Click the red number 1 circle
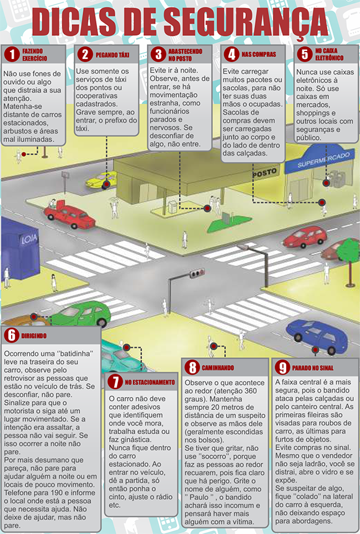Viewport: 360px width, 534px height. point(12,55)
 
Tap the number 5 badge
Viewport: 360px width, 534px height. point(304,54)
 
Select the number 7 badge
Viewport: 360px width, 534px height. point(115,382)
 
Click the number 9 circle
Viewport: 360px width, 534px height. point(282,368)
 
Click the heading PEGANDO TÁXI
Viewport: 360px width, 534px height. point(112,55)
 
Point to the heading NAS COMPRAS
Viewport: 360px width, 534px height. point(259,54)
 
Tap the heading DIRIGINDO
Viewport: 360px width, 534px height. point(34,336)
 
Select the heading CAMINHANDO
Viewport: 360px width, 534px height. point(217,368)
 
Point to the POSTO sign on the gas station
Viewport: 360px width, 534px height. point(264,173)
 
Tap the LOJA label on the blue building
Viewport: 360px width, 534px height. point(29,239)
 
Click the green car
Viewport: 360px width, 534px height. point(82,314)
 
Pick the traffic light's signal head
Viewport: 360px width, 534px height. point(197,273)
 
